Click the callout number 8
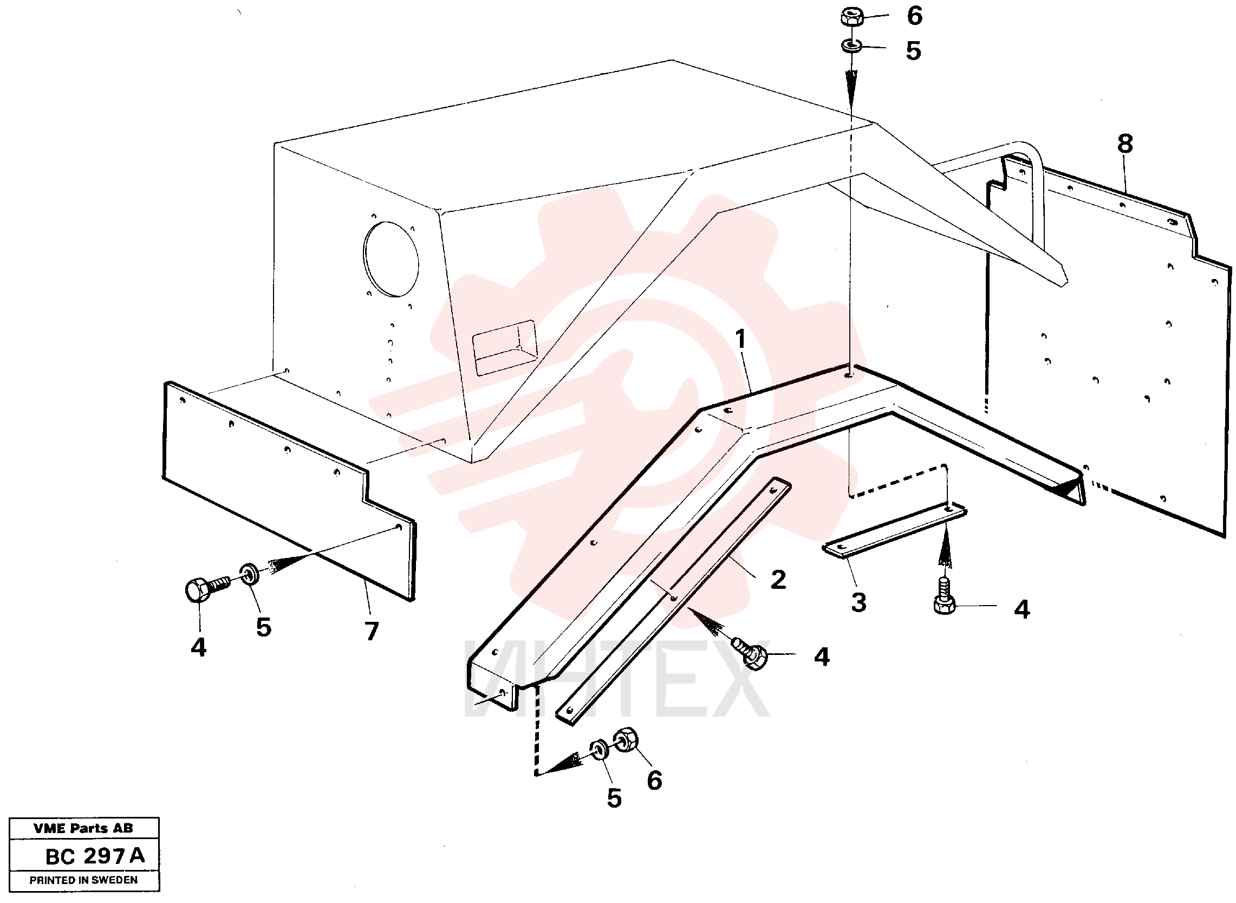click(1125, 144)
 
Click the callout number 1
click(740, 339)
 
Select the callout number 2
click(778, 580)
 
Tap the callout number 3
click(858, 602)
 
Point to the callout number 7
click(372, 631)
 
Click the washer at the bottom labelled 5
click(599, 749)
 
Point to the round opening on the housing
click(391, 259)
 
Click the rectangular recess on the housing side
click(504, 348)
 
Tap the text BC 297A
click(95, 856)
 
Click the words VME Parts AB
click(83, 828)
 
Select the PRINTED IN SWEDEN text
click(83, 880)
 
